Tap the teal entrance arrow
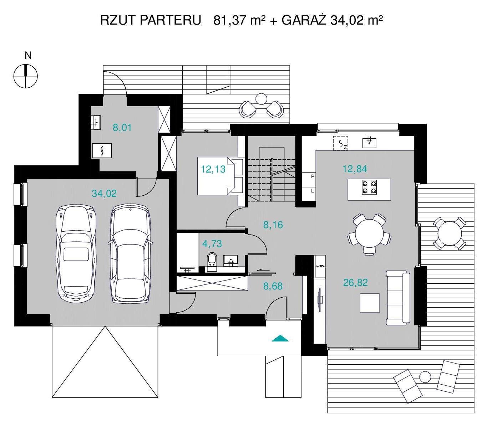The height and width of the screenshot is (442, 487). (x=280, y=338)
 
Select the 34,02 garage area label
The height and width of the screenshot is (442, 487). (x=104, y=193)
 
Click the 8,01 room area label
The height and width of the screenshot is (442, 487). (x=122, y=127)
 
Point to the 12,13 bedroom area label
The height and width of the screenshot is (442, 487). (x=213, y=169)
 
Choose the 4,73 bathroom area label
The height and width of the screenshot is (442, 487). (x=212, y=244)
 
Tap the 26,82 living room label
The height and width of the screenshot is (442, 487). (x=355, y=283)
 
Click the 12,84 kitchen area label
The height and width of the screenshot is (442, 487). (x=355, y=169)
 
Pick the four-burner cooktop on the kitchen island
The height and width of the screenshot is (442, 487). (x=370, y=187)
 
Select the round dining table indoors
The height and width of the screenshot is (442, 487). (x=369, y=233)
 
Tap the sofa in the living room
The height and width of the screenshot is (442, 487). (x=398, y=298)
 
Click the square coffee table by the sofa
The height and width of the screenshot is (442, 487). (x=370, y=303)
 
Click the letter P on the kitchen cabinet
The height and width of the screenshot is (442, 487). (x=313, y=176)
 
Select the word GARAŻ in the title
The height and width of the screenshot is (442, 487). (x=304, y=20)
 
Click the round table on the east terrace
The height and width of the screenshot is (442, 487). (x=450, y=233)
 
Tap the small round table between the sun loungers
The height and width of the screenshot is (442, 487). (x=425, y=377)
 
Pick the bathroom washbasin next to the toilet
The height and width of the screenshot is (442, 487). (x=230, y=261)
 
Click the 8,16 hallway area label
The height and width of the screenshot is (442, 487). (x=273, y=225)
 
